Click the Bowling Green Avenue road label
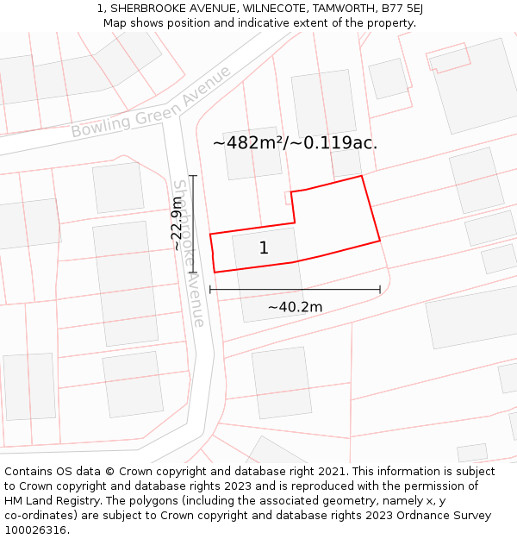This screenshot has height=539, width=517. (151, 103)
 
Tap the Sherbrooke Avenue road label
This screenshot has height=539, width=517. (190, 253)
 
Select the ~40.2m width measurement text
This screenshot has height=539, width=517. (295, 307)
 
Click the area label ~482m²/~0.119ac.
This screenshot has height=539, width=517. (295, 143)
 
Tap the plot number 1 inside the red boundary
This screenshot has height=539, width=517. (264, 248)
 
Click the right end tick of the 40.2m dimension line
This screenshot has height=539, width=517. (380, 290)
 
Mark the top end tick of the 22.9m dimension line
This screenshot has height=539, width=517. (193, 176)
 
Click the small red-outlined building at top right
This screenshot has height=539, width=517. (449, 58)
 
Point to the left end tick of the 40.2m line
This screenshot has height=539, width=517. (210, 290)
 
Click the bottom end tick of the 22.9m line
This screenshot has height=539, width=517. (193, 273)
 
